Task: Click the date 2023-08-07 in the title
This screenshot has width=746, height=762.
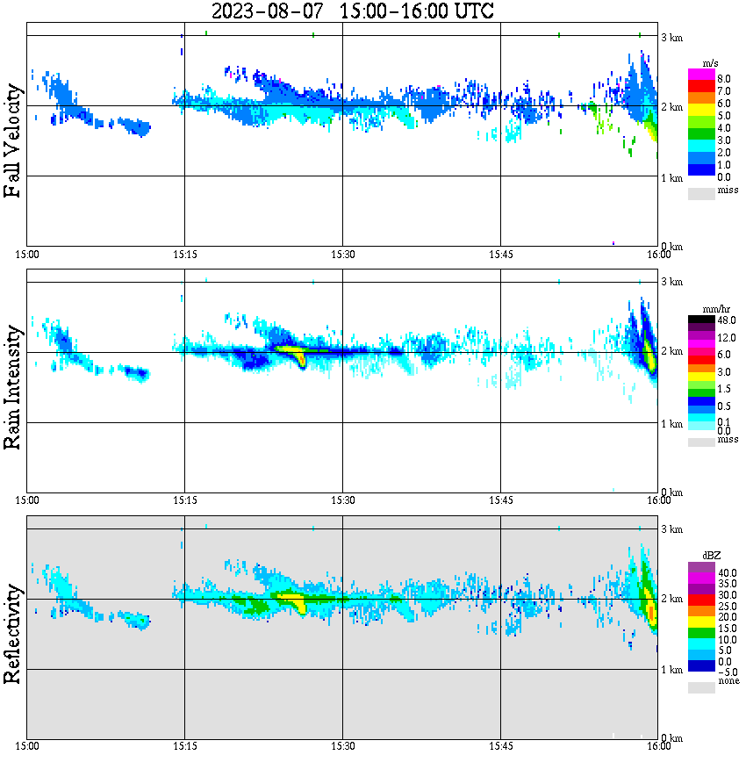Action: click(x=262, y=11)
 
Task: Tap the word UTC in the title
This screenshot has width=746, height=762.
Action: click(x=470, y=11)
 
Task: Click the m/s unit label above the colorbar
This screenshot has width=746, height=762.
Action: click(x=709, y=65)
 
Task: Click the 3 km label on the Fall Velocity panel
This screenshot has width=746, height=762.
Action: click(x=674, y=36)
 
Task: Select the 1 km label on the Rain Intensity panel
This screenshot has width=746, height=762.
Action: click(x=674, y=424)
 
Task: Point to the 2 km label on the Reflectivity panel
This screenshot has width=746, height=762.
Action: click(x=674, y=600)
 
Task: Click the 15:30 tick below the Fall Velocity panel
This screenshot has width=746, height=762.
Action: click(x=342, y=255)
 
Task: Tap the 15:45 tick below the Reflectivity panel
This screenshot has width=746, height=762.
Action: click(x=500, y=746)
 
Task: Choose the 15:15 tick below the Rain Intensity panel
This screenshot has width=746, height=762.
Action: click(x=184, y=500)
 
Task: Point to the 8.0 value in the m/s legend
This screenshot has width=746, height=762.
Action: click(x=724, y=78)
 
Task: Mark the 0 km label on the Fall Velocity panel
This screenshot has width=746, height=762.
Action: click(x=674, y=246)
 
